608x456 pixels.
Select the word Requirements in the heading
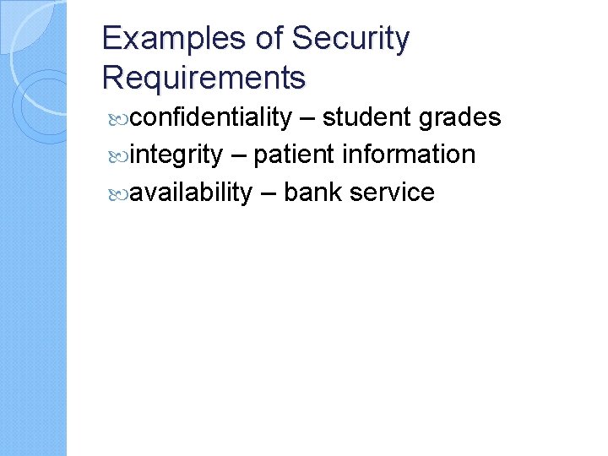pos(204,78)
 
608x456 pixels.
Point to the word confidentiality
pos(211,117)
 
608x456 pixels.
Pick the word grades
pos(462,118)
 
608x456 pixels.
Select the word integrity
pos(176,155)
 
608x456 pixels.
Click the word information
pos(409,155)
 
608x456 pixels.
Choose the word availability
pos(192,193)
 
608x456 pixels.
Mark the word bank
pos(312,192)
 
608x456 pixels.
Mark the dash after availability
pos(268,193)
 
